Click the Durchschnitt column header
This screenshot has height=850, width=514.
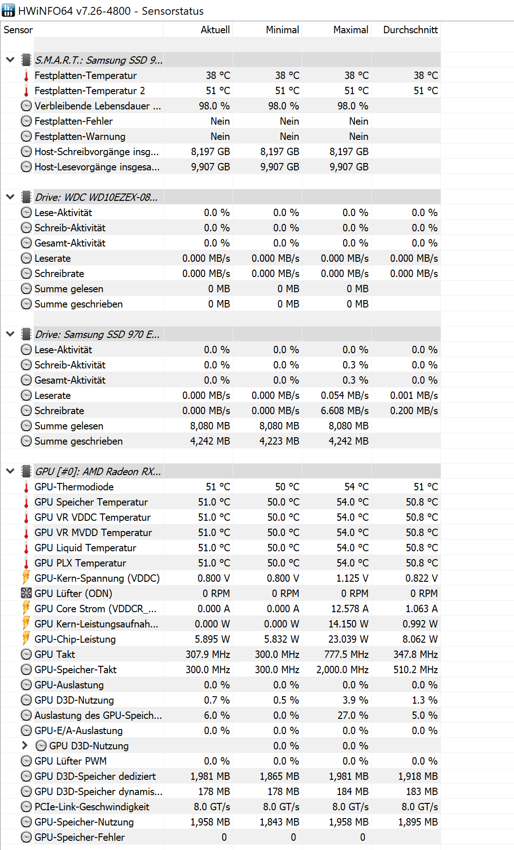pyautogui.click(x=410, y=30)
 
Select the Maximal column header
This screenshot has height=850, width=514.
pyautogui.click(x=351, y=30)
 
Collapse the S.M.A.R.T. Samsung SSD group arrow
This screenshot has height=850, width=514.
pyautogui.click(x=10, y=60)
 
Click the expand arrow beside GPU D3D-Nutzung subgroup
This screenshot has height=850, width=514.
pyautogui.click(x=25, y=745)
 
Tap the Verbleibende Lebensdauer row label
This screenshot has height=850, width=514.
pyautogui.click(x=97, y=106)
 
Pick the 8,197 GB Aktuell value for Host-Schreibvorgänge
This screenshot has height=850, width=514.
pyautogui.click(x=211, y=152)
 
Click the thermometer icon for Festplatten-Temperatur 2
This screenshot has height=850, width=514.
pyautogui.click(x=26, y=91)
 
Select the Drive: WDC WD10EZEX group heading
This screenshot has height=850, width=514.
pyautogui.click(x=96, y=198)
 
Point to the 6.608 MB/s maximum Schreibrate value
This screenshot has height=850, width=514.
pyautogui.click(x=345, y=411)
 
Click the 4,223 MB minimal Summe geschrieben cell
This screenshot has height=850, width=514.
pyautogui.click(x=279, y=441)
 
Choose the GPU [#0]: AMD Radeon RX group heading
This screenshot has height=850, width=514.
pyautogui.click(x=97, y=472)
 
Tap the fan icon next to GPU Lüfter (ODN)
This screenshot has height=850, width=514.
pyautogui.click(x=26, y=593)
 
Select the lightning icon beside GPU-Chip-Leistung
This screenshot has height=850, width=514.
pyautogui.click(x=26, y=639)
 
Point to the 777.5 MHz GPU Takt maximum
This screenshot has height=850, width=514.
pyautogui.click(x=346, y=655)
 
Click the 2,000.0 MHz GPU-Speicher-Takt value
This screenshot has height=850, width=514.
pyautogui.click(x=342, y=670)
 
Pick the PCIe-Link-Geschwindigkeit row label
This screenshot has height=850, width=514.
pyautogui.click(x=91, y=807)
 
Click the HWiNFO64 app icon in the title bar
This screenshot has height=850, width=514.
pyautogui.click(x=8, y=10)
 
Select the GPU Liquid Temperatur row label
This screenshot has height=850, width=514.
pyautogui.click(x=85, y=548)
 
